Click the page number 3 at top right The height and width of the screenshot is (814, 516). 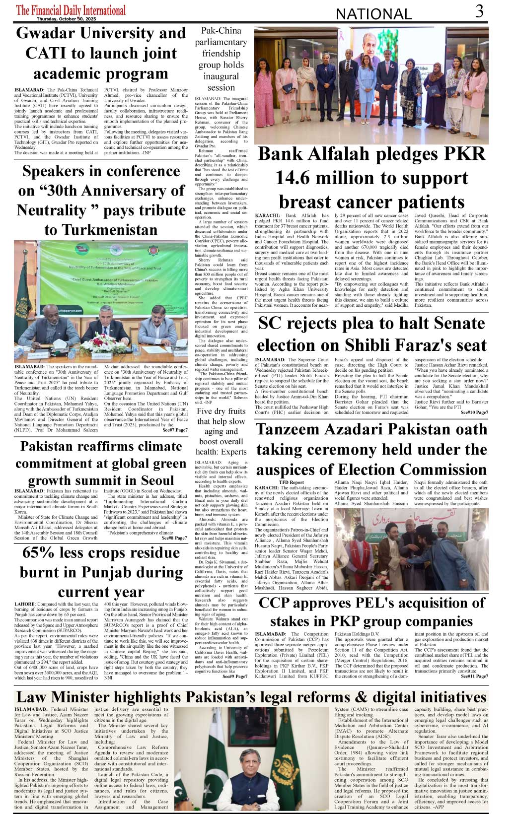coord(479,11)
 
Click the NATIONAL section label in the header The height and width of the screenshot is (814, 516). coord(373,14)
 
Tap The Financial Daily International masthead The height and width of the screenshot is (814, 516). coord(71,9)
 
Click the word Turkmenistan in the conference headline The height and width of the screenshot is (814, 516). coord(101,230)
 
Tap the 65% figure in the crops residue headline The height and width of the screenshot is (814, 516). coord(41,552)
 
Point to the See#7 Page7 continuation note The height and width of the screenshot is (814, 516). coord(175,430)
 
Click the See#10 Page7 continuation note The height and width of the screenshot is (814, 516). coord(474,412)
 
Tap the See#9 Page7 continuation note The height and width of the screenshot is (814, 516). coord(234,676)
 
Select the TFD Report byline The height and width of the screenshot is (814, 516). coord(291,482)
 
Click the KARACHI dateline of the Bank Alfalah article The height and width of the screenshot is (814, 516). coord(267,216)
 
